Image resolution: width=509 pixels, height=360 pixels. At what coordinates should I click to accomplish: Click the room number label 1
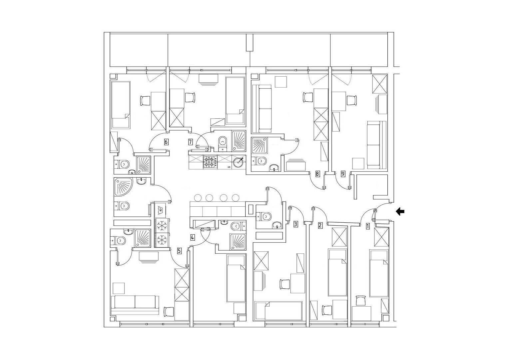367,226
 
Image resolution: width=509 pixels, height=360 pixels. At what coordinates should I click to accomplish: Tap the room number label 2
320,226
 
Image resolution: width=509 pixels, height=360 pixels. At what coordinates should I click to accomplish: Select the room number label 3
295,224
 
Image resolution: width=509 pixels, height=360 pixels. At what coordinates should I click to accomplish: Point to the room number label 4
193,238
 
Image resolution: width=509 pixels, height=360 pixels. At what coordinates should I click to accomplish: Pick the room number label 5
180,251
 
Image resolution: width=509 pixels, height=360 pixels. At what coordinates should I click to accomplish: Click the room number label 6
166,142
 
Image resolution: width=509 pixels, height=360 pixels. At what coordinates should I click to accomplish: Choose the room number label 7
191,142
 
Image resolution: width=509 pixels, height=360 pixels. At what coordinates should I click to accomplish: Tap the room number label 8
318,174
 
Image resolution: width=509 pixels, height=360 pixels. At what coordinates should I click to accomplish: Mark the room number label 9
343,174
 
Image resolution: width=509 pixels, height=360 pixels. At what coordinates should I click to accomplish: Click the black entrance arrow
400,212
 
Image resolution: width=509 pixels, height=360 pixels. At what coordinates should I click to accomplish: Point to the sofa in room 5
135,305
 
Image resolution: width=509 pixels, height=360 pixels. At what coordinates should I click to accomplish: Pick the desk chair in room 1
361,300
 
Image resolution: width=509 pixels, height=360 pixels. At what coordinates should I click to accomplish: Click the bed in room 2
338,273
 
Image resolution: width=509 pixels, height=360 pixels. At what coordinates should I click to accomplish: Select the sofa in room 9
376,145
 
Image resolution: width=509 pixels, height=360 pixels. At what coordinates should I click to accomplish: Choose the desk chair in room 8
308,97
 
